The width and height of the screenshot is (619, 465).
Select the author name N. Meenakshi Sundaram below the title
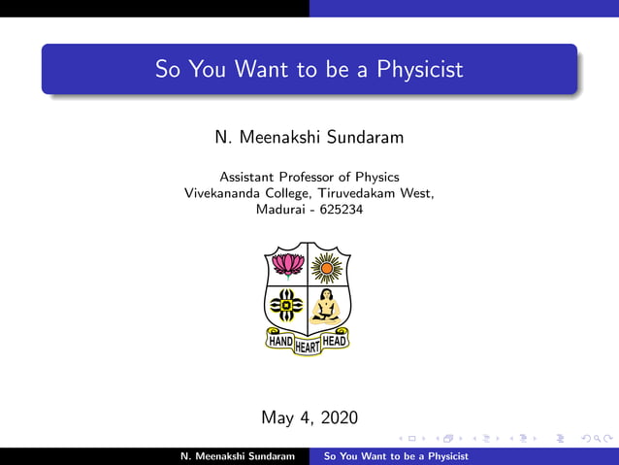(x=309, y=138)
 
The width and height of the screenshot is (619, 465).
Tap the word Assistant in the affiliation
(x=249, y=177)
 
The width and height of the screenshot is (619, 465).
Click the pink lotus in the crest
(x=287, y=265)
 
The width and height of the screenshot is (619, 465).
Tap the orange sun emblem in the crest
(x=328, y=265)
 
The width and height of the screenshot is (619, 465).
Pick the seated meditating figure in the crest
(x=328, y=305)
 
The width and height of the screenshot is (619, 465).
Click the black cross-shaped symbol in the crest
(x=287, y=305)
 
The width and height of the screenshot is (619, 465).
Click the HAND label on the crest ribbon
(x=280, y=341)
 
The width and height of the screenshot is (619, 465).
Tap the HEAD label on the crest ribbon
(x=334, y=341)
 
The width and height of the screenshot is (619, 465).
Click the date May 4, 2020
(x=309, y=417)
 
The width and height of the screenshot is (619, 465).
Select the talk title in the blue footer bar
(x=396, y=455)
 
